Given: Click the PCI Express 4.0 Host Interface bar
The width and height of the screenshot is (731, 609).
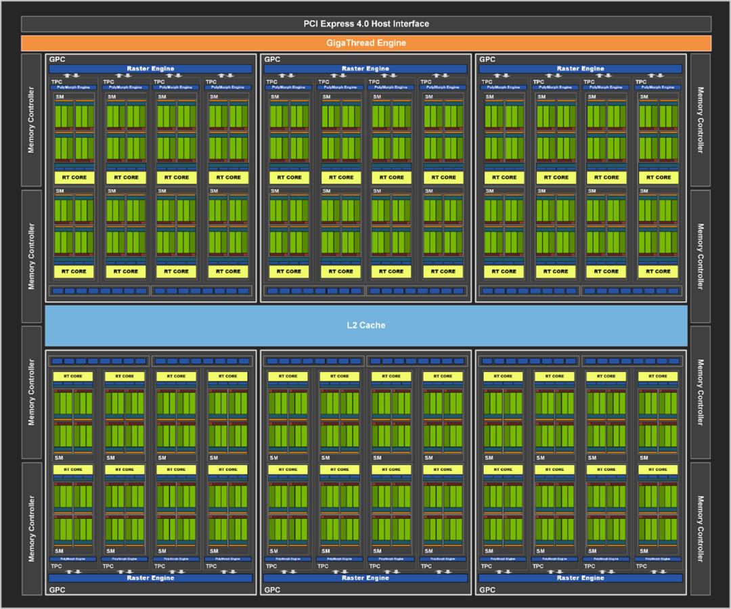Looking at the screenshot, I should point(365,24).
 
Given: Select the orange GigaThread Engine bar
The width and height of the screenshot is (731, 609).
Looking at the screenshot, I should point(365,43).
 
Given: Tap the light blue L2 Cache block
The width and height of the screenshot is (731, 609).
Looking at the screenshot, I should point(365,325).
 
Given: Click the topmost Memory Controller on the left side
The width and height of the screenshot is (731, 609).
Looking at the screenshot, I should point(31,120).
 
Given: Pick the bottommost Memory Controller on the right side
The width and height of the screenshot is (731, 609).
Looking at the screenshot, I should point(700,528).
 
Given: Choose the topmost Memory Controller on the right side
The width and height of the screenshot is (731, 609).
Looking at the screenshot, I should point(700,120).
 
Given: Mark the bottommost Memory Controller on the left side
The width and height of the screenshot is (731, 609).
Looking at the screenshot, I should point(31,528).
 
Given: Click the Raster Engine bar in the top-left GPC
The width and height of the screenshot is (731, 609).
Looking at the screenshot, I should point(150,68).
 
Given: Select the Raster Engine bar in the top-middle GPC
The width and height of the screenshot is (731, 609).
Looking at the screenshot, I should point(365,68).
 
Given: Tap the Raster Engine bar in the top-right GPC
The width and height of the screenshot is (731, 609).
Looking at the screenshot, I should point(581,68).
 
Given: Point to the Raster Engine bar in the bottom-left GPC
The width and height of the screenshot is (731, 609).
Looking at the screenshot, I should point(150,578).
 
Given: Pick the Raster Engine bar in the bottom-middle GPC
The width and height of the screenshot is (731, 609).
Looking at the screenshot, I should point(365,578).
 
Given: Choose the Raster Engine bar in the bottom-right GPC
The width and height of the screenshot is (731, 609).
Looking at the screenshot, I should point(581,578).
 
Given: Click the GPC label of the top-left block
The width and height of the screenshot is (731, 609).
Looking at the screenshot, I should point(57,60).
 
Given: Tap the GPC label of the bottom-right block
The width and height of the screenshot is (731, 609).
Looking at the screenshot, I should point(487,590).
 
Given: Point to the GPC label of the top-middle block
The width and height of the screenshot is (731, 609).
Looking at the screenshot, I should point(272,60).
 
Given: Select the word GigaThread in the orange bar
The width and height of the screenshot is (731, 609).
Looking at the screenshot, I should point(351,43).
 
